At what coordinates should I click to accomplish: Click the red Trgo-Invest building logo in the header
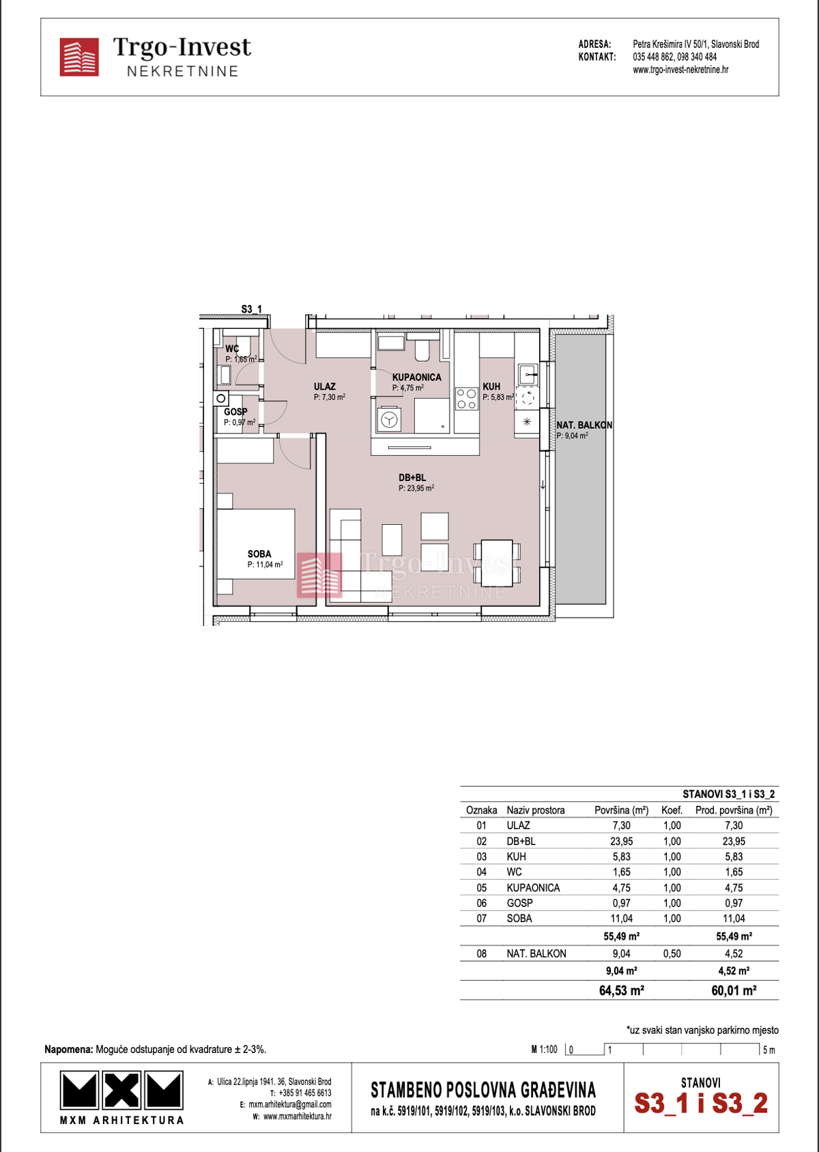tap(79, 57)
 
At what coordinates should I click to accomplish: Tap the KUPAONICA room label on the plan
tap(416, 377)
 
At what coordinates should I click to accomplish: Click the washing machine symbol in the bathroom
tap(389, 419)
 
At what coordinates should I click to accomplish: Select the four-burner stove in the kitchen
tap(467, 399)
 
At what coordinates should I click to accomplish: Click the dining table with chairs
tap(497, 562)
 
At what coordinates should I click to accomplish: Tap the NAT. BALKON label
tap(584, 424)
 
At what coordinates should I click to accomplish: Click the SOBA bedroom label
tap(259, 553)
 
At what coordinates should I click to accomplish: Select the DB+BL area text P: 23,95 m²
tap(416, 488)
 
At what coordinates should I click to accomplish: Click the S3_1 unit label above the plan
tap(252, 309)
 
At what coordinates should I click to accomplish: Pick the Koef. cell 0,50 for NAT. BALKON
tap(672, 953)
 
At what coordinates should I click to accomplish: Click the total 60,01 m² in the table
tap(734, 990)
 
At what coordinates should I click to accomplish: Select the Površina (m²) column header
tap(621, 810)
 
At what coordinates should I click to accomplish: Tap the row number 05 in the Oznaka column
tap(482, 887)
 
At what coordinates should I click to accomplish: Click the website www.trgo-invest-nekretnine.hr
tap(680, 70)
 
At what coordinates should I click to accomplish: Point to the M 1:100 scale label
tap(544, 1049)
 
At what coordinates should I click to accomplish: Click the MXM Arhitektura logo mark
tap(121, 1090)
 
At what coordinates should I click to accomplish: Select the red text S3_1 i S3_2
tap(701, 1104)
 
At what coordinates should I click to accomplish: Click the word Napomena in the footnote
tap(68, 1049)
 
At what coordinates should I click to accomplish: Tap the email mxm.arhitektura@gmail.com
tap(290, 1104)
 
